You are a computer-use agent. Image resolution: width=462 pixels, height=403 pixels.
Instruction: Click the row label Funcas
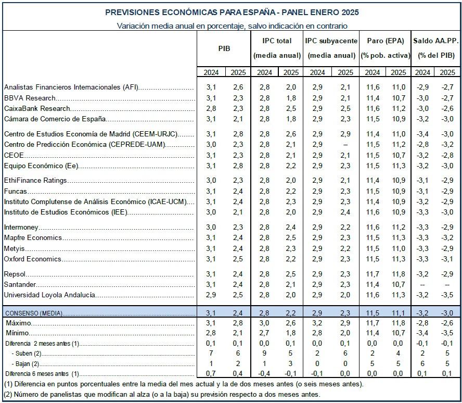(x=15, y=191)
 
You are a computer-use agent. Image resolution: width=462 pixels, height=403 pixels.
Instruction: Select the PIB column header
(x=224, y=48)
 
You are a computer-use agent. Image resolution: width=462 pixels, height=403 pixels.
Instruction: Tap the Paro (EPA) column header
(x=385, y=41)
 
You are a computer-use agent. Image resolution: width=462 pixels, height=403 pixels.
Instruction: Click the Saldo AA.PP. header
(x=435, y=41)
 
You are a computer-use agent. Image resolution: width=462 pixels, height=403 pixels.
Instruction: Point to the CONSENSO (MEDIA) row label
(x=34, y=313)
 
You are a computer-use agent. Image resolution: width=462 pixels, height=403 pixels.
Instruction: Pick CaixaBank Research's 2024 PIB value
(x=211, y=108)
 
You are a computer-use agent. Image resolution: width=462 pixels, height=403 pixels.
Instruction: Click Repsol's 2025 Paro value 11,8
(x=399, y=274)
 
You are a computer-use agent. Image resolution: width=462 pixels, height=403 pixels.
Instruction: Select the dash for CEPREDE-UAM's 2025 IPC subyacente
(x=345, y=145)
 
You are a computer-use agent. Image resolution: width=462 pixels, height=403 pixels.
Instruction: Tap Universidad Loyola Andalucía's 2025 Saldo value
(x=447, y=295)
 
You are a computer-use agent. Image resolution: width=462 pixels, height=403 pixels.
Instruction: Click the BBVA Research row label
(x=30, y=98)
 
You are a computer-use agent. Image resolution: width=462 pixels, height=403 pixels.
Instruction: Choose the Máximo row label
(x=18, y=323)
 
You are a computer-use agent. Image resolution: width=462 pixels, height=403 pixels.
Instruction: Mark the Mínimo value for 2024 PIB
(x=211, y=333)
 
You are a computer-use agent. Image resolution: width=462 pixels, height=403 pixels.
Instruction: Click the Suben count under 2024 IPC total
(x=264, y=353)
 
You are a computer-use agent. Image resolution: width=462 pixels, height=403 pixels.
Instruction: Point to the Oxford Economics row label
(x=32, y=259)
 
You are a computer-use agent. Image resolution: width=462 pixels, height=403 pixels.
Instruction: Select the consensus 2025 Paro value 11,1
(x=399, y=313)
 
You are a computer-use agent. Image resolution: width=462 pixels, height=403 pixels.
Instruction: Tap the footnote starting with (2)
(x=162, y=394)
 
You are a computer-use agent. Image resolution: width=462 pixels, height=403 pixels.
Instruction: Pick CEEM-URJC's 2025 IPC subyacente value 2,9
(x=345, y=134)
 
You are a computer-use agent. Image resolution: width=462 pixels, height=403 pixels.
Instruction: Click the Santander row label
(x=20, y=284)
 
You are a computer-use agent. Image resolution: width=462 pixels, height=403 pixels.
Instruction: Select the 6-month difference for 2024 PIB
(x=211, y=373)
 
